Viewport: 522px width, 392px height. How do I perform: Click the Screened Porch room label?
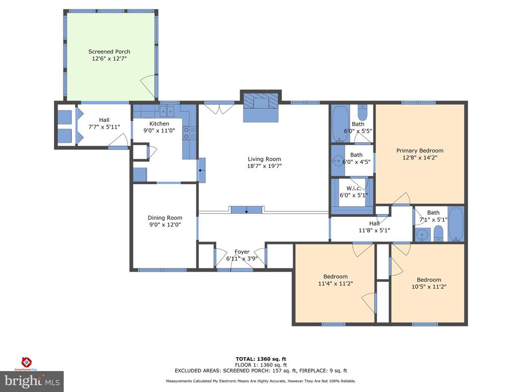[x=109, y=52]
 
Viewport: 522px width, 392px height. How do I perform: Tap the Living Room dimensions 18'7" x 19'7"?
[x=265, y=166]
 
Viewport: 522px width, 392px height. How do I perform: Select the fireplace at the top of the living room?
[x=260, y=107]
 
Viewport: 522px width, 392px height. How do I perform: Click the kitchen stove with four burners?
[x=186, y=133]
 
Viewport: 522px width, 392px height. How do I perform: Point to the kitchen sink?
[x=167, y=111]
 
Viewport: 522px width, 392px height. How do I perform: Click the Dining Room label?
[x=165, y=217]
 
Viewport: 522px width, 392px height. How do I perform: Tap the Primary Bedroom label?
[x=420, y=151]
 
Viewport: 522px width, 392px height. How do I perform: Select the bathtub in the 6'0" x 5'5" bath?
[x=339, y=124]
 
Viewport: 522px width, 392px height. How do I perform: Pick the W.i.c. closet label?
[x=354, y=188]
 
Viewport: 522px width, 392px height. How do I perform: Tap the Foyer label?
[x=242, y=252]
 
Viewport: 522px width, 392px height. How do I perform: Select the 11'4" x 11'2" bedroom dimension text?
[x=335, y=284]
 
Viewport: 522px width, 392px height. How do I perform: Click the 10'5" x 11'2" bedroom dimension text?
[x=429, y=287]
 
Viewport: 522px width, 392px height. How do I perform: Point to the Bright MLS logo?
[x=32, y=381]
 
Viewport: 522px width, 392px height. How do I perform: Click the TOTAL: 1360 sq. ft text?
[x=261, y=359]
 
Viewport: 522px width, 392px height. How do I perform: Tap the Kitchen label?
[x=159, y=124]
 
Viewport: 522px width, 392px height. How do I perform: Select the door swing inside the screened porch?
[x=148, y=86]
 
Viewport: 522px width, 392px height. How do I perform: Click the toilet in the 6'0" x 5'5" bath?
[x=362, y=113]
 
